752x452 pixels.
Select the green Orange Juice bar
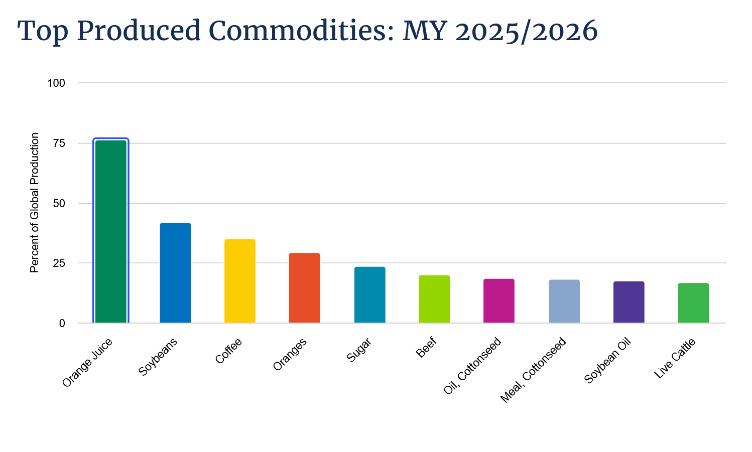[x=111, y=232]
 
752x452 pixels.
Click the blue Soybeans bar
[x=175, y=273]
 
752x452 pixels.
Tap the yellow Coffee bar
[x=239, y=281]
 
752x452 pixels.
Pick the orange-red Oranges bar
[x=305, y=288]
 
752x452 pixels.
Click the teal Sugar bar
[x=369, y=294]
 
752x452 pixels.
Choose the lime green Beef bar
[x=434, y=299]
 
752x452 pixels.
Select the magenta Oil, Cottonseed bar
[x=499, y=300]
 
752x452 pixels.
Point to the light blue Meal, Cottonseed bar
[x=564, y=302]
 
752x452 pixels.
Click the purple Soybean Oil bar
[x=629, y=302]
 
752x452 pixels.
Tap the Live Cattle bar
[x=693, y=303]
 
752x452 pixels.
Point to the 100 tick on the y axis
[x=56, y=83]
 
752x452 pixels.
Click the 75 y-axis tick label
[x=59, y=143]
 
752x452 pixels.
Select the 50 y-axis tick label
[x=59, y=203]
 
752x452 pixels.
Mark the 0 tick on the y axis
[x=62, y=323]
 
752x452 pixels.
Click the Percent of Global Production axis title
[x=34, y=203]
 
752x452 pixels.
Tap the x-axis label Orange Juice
[x=87, y=363]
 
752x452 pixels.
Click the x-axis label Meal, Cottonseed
[x=533, y=370]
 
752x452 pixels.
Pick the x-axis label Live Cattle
[x=675, y=358]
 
